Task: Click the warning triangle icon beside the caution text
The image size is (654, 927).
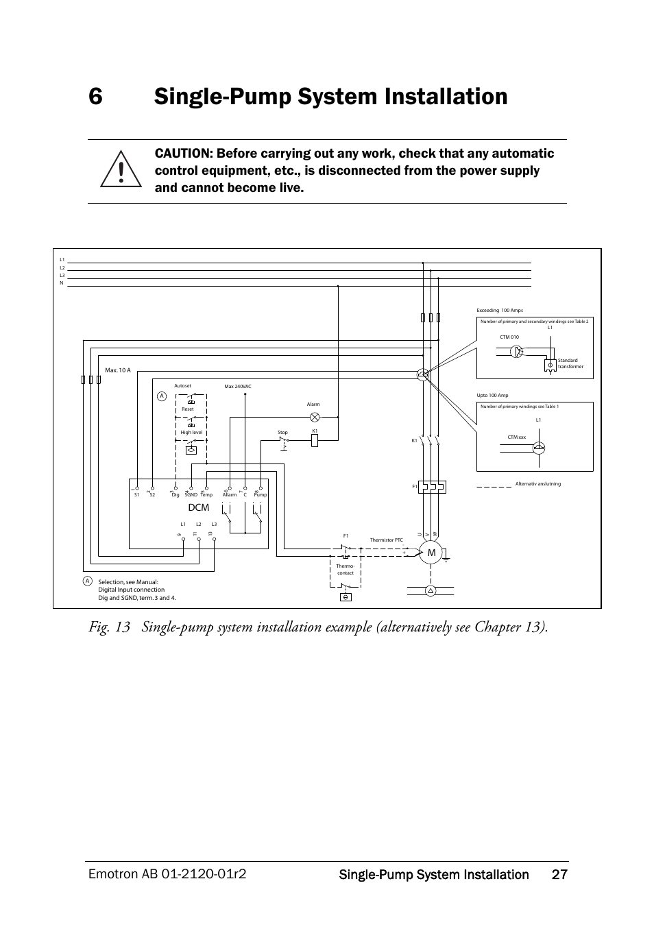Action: click(x=121, y=170)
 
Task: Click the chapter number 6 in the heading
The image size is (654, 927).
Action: click(x=95, y=97)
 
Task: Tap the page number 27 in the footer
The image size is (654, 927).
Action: click(x=559, y=874)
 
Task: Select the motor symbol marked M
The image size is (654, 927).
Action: click(x=431, y=553)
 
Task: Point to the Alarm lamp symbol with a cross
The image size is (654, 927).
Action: click(x=315, y=416)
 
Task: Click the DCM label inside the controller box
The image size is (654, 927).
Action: click(x=198, y=507)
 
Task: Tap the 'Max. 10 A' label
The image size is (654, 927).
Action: click(x=118, y=371)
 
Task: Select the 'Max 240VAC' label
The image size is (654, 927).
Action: click(x=238, y=387)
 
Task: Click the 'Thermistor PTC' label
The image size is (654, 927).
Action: click(x=386, y=540)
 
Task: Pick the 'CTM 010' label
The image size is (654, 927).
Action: click(x=509, y=337)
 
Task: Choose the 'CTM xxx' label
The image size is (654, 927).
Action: click(x=516, y=437)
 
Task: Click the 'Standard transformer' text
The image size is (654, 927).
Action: click(x=570, y=363)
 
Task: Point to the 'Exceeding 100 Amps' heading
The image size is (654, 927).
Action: click(x=499, y=311)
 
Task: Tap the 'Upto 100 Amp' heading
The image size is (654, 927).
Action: click(x=492, y=396)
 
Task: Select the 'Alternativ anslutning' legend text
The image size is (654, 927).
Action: click(x=537, y=484)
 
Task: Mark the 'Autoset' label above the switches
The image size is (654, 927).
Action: click(x=182, y=386)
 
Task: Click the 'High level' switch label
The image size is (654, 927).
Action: click(x=191, y=433)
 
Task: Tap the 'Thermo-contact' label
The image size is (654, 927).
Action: click(x=345, y=569)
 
